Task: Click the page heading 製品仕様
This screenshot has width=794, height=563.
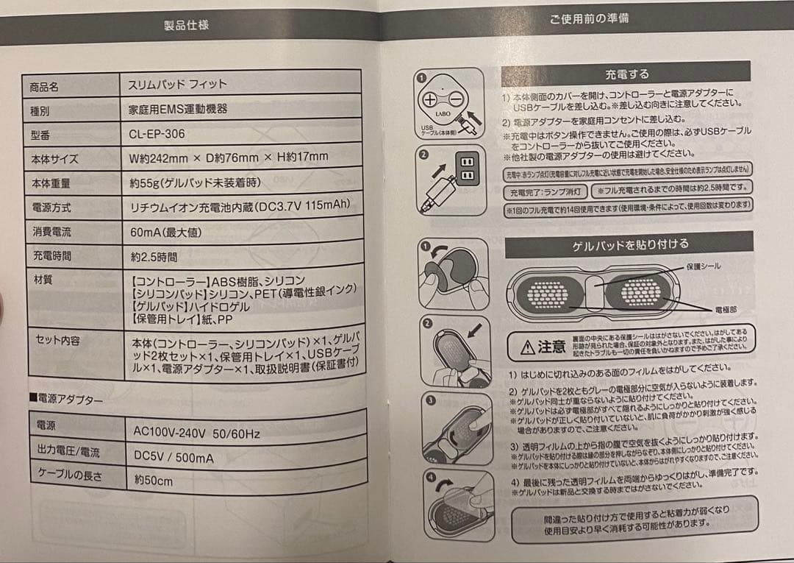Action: coord(186,25)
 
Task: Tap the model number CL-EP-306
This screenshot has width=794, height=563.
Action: coord(157,134)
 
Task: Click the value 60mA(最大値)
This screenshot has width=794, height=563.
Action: coord(166,233)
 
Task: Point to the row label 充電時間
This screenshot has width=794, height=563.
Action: coord(51,256)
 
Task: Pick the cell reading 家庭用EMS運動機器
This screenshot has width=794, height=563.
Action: coord(178,109)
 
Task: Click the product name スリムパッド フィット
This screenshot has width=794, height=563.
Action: coord(179,84)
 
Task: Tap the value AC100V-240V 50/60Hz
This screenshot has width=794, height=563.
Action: coord(196,433)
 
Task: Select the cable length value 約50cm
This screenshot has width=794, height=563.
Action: coord(153,481)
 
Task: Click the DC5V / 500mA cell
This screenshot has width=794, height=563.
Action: coord(174,457)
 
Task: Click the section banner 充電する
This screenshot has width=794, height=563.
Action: coord(626,74)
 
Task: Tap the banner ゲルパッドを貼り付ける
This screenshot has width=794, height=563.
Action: coord(630,244)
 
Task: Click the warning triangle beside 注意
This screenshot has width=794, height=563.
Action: coord(527,347)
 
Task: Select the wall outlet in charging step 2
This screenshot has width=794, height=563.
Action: coord(465,169)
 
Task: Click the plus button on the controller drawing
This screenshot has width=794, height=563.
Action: coord(429,99)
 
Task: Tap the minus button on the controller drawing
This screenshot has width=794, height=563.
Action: coord(457,99)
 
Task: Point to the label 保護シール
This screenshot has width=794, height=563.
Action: coord(703,266)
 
